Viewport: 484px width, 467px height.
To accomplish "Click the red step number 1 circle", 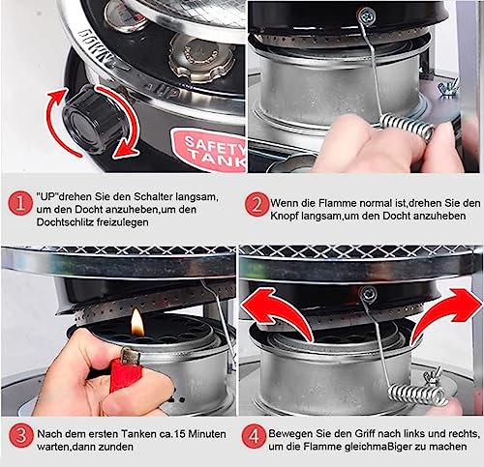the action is tap(20, 203).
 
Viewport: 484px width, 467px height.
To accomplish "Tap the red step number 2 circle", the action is tap(257, 204).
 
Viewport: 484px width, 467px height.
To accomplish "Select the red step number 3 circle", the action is tap(21, 436).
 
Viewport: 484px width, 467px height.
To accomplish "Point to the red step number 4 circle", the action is tap(255, 436).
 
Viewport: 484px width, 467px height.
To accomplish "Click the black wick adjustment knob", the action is tap(94, 120).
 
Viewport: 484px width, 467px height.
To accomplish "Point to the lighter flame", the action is tap(136, 322).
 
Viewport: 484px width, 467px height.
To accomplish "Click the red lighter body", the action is tap(124, 374).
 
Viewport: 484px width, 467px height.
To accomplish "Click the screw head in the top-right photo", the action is tap(367, 15).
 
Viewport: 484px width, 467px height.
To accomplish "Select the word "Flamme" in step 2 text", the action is tap(338, 203).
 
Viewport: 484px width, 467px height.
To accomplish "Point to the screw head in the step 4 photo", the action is tap(368, 294).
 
